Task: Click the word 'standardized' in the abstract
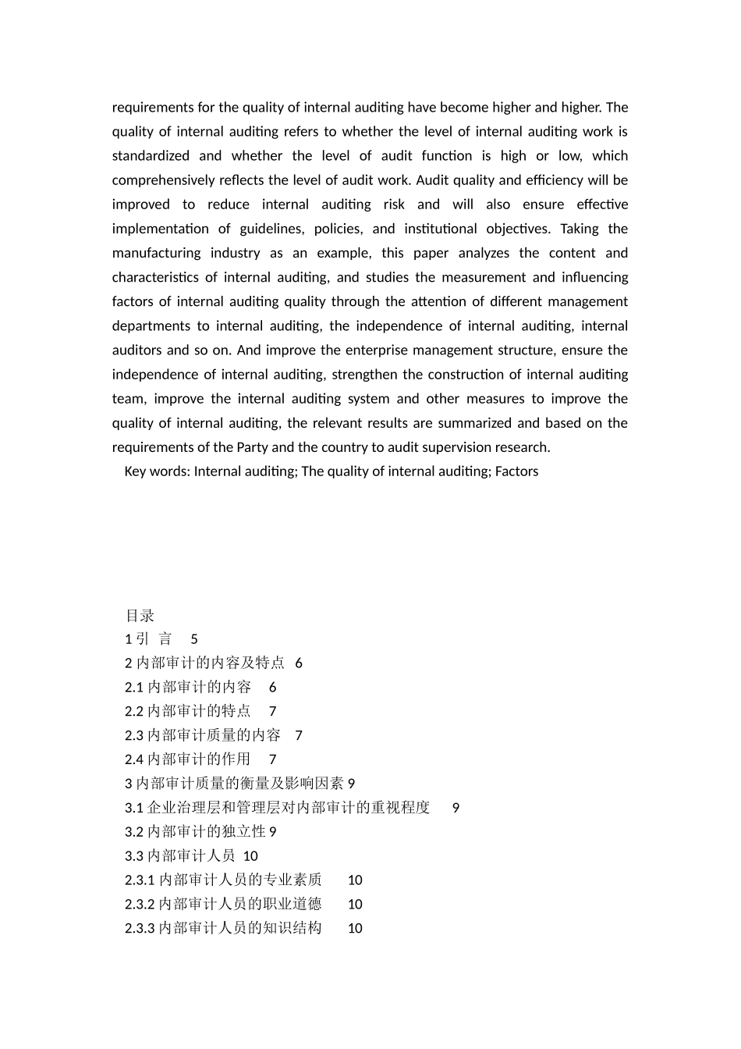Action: [x=151, y=156]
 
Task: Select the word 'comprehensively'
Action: [x=162, y=180]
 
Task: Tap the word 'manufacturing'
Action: [x=156, y=253]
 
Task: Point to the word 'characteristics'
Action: [x=155, y=277]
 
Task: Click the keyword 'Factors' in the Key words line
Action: [x=516, y=471]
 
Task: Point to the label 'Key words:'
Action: [x=157, y=471]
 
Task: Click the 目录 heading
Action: [x=140, y=616]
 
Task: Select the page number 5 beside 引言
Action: [x=194, y=639]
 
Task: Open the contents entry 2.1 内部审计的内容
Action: [x=188, y=688]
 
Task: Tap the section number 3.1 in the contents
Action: [x=134, y=808]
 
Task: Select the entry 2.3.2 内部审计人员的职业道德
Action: [x=223, y=904]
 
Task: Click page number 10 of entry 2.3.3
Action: [x=355, y=928]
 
